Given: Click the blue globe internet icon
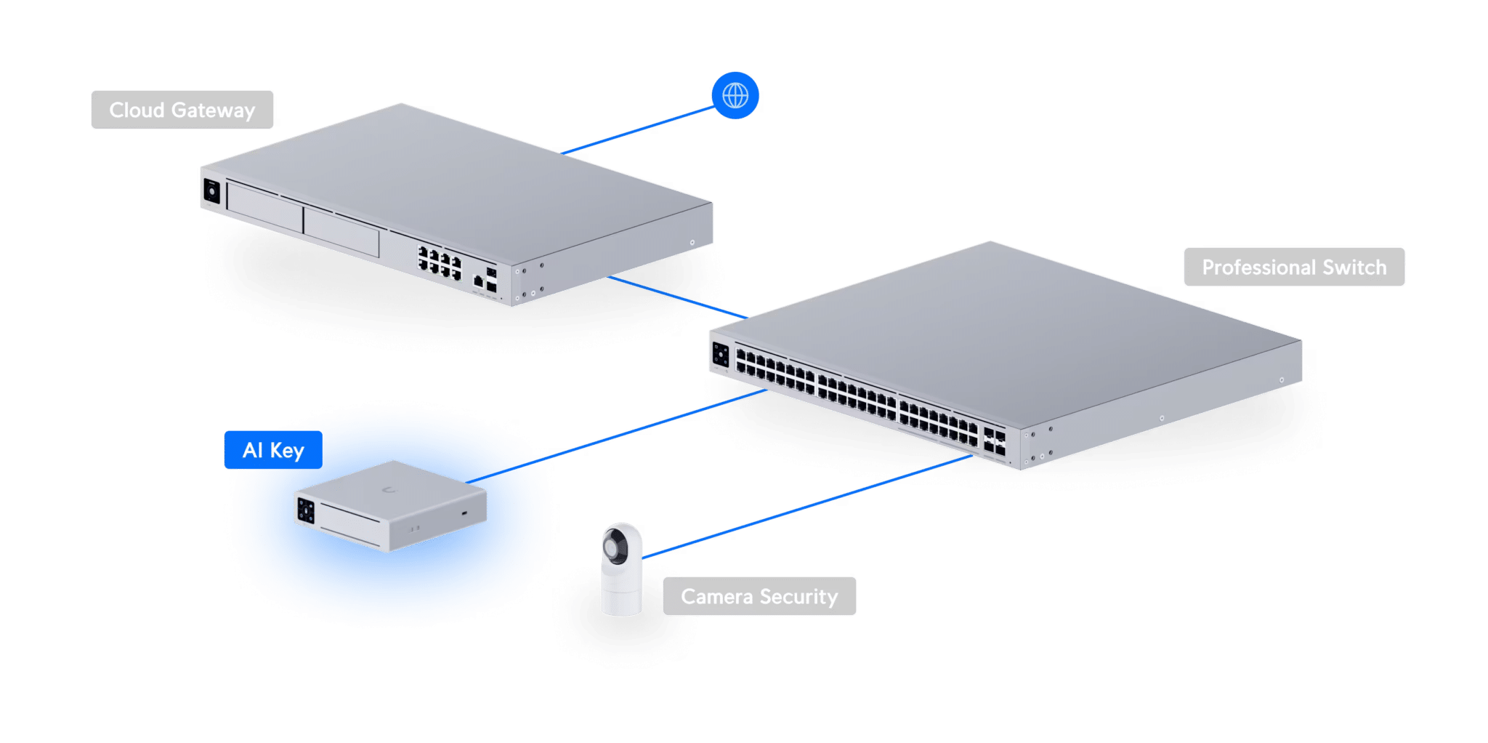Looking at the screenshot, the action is click(735, 95).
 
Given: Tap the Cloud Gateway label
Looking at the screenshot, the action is click(182, 110).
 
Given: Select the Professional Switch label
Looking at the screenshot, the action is click(1294, 267).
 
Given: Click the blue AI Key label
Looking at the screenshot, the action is click(273, 450).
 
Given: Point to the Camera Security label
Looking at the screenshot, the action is click(759, 596).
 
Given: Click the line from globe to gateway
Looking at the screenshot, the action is click(638, 130).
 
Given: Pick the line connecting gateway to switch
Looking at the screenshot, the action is click(678, 297).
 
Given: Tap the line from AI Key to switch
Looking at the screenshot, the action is click(616, 436).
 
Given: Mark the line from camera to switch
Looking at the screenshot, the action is click(807, 507).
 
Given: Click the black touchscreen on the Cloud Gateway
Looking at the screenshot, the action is click(211, 191).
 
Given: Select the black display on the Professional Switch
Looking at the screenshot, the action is click(721, 356).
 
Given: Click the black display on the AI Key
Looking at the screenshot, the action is click(306, 510).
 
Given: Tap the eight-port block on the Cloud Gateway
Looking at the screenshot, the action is click(440, 262).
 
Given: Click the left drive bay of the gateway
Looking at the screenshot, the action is click(264, 207).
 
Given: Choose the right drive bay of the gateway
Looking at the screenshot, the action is click(341, 231).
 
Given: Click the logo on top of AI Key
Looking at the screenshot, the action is click(390, 490).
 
